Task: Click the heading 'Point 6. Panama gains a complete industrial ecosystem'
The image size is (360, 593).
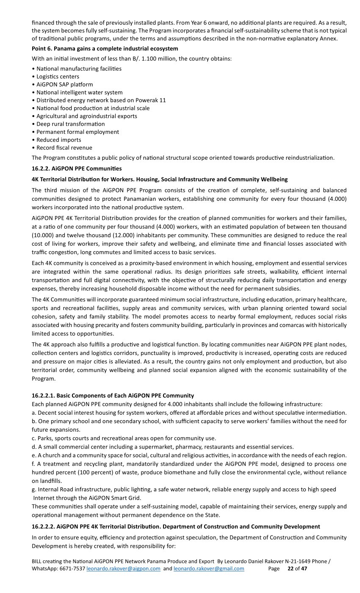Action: [x=105, y=49]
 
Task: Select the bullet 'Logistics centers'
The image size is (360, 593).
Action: [x=58, y=76]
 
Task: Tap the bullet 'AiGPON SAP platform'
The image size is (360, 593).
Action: [x=64, y=84]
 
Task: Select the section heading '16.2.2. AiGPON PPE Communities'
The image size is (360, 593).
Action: [x=77, y=169]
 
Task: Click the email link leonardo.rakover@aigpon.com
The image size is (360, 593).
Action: [x=123, y=568]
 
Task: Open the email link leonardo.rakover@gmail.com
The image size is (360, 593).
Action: [x=209, y=568]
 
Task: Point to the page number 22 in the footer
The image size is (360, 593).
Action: [x=291, y=568]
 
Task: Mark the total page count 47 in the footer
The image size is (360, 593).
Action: [x=304, y=568]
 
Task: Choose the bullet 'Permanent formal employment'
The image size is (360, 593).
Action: [x=78, y=132]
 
